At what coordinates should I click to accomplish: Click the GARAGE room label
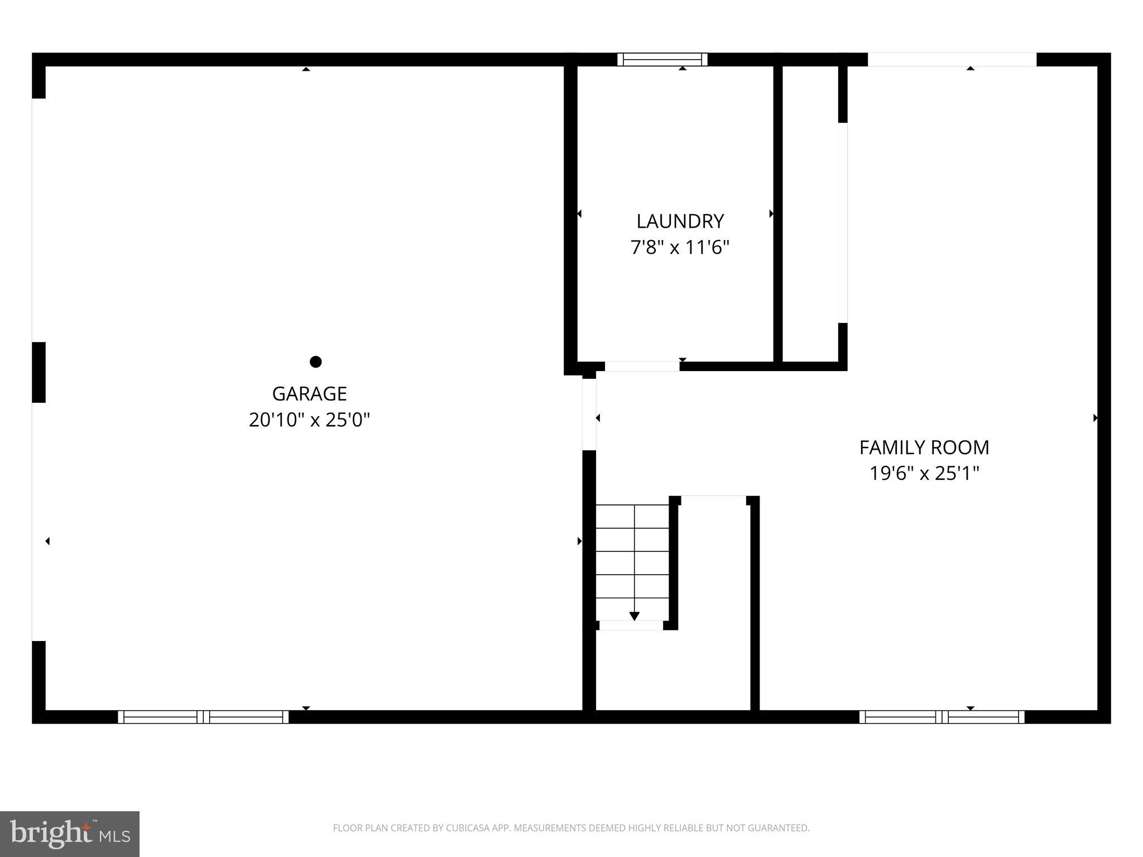point(309,394)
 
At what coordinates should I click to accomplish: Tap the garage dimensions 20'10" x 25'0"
point(309,420)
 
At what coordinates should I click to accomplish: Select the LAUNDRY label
point(680,222)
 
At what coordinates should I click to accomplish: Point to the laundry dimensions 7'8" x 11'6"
point(680,247)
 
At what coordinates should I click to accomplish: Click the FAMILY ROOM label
point(924,447)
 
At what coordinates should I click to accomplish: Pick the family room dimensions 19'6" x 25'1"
point(924,474)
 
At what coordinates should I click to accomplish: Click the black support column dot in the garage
point(315,362)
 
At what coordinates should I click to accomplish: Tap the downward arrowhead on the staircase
point(634,616)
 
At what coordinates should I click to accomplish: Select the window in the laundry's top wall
point(662,60)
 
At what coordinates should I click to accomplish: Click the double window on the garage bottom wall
point(203,717)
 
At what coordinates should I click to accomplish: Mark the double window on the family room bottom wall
point(942,717)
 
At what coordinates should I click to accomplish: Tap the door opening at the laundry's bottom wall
point(642,367)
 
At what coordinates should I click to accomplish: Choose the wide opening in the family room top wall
point(952,60)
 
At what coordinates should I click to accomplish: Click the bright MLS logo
point(70,834)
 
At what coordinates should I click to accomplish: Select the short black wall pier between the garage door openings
point(39,372)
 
